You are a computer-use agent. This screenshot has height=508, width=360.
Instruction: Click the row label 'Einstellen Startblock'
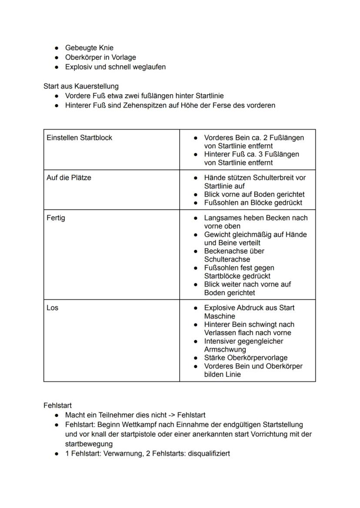pyautogui.click(x=79, y=138)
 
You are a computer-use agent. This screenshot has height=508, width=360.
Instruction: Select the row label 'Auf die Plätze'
pyautogui.click(x=69, y=178)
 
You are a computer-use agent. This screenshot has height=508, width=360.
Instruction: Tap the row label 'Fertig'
pyautogui.click(x=56, y=218)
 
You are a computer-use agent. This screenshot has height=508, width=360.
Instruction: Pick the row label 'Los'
pyautogui.click(x=52, y=308)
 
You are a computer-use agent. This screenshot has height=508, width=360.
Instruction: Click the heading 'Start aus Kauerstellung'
pyautogui.click(x=81, y=86)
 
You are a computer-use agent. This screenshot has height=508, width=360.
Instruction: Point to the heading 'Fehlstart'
pyautogui.click(x=57, y=405)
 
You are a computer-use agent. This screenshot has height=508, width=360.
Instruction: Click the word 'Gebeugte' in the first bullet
pyautogui.click(x=78, y=48)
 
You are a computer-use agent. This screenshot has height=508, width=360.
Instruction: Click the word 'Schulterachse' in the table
pyautogui.click(x=227, y=259)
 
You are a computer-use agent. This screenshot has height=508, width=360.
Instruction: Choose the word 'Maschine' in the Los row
pyautogui.click(x=220, y=316)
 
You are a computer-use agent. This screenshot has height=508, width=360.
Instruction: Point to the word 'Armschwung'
pyautogui.click(x=225, y=349)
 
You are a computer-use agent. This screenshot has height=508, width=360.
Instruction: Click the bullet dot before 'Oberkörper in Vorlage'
pyautogui.click(x=57, y=57)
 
